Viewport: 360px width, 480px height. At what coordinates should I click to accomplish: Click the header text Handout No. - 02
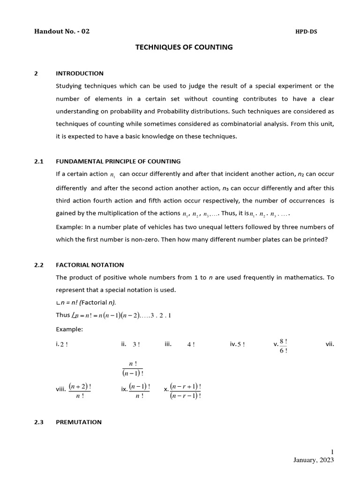(62, 32)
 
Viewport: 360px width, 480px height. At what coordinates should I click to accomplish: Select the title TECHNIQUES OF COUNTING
(184, 47)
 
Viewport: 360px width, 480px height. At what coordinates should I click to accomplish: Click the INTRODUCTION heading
(80, 74)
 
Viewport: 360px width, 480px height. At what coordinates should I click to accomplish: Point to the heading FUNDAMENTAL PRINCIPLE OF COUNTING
(118, 162)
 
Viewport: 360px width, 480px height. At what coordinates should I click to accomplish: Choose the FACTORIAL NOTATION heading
(90, 265)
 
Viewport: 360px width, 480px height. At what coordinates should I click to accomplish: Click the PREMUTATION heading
(79, 422)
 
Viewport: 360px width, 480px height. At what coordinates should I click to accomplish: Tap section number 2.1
(39, 162)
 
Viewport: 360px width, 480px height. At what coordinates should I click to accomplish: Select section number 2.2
(39, 265)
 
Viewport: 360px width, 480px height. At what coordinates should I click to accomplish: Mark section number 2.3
(39, 422)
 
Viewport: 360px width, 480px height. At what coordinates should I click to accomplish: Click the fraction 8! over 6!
(283, 345)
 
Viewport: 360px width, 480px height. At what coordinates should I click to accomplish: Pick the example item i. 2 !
(61, 345)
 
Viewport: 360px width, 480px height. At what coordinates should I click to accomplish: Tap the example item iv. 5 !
(237, 345)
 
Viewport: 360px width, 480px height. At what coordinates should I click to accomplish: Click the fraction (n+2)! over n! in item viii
(80, 390)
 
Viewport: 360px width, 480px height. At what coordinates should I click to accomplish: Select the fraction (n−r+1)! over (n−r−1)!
(186, 390)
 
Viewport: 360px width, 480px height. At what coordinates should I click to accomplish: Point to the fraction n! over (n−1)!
(133, 368)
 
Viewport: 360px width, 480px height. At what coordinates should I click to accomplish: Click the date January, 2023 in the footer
(314, 460)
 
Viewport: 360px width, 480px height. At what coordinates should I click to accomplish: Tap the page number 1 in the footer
(332, 451)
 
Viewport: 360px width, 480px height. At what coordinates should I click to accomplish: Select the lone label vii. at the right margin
(330, 345)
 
